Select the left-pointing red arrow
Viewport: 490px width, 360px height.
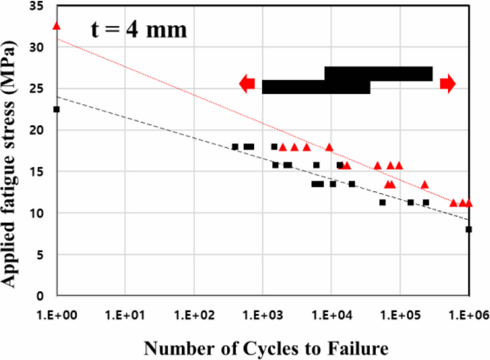click(x=247, y=84)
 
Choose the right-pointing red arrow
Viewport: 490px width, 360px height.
click(x=448, y=83)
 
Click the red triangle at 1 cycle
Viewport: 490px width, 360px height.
click(x=56, y=26)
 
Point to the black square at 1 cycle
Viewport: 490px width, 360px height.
click(x=56, y=109)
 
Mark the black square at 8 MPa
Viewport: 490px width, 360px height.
click(x=468, y=229)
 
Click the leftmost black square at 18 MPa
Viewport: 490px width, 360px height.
click(x=235, y=147)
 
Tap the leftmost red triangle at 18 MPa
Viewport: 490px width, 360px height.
click(x=283, y=147)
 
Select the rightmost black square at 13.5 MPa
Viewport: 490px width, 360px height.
click(x=352, y=184)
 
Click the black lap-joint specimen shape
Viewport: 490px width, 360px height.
click(x=347, y=80)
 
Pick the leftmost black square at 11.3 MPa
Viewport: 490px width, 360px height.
click(x=383, y=202)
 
